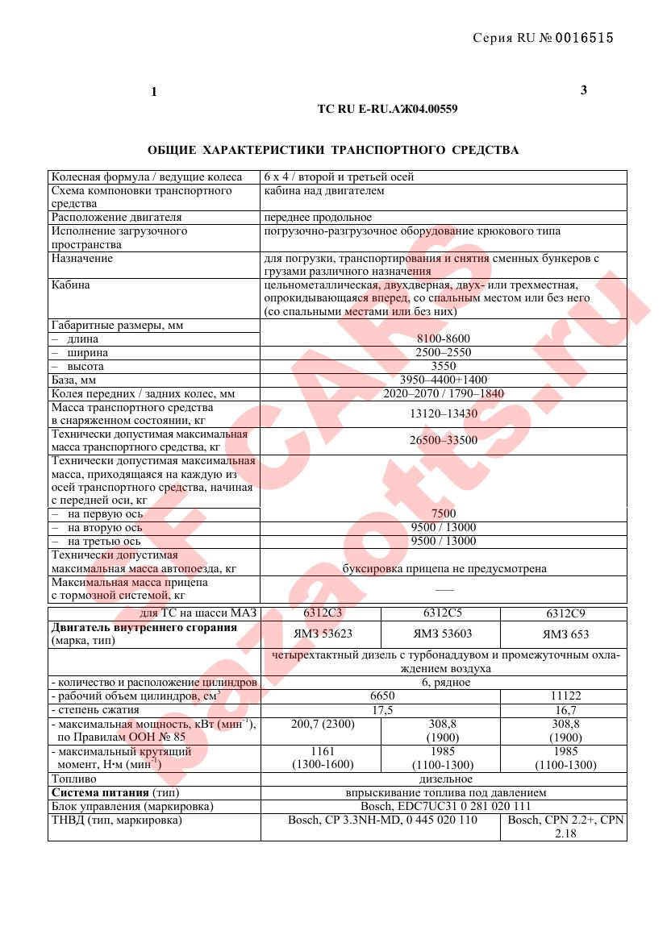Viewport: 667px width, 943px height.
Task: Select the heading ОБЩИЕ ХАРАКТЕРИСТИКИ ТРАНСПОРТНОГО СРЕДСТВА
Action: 333,150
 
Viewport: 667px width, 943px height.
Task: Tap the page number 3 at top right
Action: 584,90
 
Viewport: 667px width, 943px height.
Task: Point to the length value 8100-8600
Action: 444,339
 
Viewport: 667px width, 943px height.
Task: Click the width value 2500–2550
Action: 444,353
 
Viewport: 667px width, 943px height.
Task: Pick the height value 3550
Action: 444,367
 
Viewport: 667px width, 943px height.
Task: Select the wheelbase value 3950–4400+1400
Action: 444,380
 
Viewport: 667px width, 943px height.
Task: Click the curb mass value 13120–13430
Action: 444,413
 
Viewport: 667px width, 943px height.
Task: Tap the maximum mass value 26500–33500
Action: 444,440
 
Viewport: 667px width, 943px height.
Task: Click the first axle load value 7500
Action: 444,513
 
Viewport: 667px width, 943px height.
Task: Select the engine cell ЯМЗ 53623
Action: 320,634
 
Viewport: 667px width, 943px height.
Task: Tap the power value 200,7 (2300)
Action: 320,725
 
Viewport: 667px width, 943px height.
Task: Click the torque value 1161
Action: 320,751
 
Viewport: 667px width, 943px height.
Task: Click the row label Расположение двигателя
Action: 117,218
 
